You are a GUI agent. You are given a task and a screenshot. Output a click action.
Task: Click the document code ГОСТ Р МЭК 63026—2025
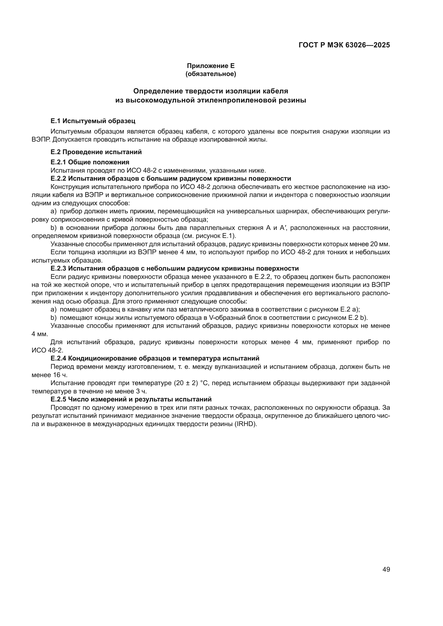pos(344,45)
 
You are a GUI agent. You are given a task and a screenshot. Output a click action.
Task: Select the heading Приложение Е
pos(211,66)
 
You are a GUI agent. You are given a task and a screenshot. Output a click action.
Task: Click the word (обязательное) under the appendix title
pos(211,74)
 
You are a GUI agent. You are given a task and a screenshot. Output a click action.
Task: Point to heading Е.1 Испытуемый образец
pos(93,121)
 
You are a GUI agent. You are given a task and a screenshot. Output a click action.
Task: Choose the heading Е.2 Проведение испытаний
pos(96,152)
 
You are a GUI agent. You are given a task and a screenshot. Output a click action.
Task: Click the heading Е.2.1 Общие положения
pos(90,162)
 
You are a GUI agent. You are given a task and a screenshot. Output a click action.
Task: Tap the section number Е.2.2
pos(58,179)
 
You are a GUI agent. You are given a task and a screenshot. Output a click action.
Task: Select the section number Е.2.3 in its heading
pos(58,268)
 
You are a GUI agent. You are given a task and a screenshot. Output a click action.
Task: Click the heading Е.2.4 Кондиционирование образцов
pos(155,358)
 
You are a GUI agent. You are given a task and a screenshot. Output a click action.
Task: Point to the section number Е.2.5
pos(58,399)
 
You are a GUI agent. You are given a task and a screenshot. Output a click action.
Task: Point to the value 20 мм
pos(380,244)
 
